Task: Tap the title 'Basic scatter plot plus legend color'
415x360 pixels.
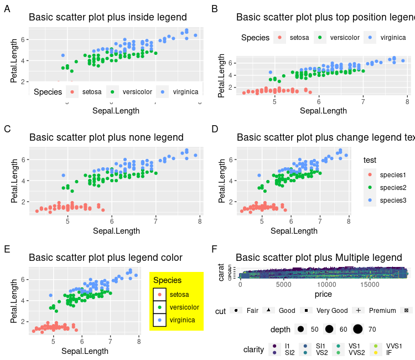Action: click(x=106, y=258)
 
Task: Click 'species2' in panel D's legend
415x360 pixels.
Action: click(x=393, y=188)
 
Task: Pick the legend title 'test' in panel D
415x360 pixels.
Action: click(x=370, y=160)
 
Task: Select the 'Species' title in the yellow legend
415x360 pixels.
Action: click(x=167, y=281)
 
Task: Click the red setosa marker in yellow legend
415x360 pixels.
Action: click(x=159, y=295)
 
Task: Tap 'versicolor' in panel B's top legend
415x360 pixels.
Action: click(x=345, y=38)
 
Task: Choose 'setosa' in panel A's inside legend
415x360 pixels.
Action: click(x=92, y=91)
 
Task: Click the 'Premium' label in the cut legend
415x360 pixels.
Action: click(x=382, y=311)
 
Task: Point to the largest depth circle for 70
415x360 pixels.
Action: click(x=357, y=330)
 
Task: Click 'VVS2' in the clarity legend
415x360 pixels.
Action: click(x=356, y=352)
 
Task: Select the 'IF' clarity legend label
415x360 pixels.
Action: click(x=389, y=352)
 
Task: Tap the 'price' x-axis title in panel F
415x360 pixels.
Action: click(x=323, y=294)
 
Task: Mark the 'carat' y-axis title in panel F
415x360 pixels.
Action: click(x=221, y=272)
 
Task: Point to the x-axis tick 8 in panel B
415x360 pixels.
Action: click(x=407, y=102)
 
